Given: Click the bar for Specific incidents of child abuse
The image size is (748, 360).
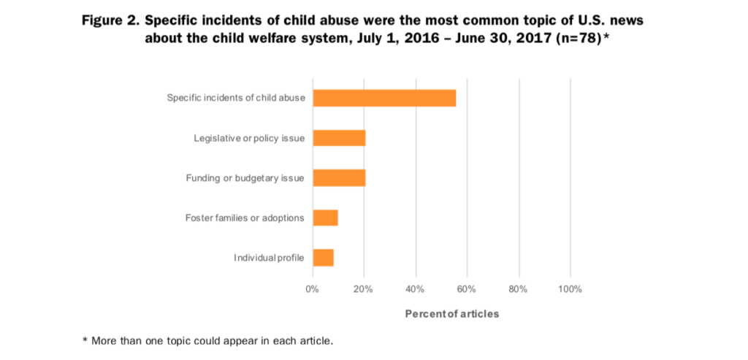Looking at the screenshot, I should (x=384, y=98).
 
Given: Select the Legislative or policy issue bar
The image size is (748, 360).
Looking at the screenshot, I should (x=339, y=137).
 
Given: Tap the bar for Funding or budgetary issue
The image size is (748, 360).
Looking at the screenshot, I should (x=339, y=177).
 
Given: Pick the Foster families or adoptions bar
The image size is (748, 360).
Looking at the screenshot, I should (x=325, y=218).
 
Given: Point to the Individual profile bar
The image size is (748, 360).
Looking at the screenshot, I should (x=323, y=257).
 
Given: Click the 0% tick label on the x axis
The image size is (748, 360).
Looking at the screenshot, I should (x=313, y=289).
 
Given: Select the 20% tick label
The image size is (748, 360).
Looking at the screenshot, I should (x=364, y=289).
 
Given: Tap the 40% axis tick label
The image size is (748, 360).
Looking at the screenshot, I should (x=416, y=289).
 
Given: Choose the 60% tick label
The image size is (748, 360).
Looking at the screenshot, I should (x=467, y=289).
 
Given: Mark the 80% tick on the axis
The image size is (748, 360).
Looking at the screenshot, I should (x=519, y=289).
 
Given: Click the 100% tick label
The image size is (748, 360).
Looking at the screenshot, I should (x=570, y=289).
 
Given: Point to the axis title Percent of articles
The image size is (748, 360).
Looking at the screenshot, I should (x=452, y=314).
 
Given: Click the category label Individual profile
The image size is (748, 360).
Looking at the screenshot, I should (x=269, y=258).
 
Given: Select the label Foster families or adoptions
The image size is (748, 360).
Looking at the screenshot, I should (x=245, y=218).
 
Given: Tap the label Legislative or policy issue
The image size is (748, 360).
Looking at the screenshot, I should (x=249, y=138).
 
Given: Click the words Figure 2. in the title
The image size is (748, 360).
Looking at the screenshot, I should (x=111, y=20).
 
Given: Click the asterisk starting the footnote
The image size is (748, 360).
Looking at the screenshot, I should (x=85, y=340).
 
